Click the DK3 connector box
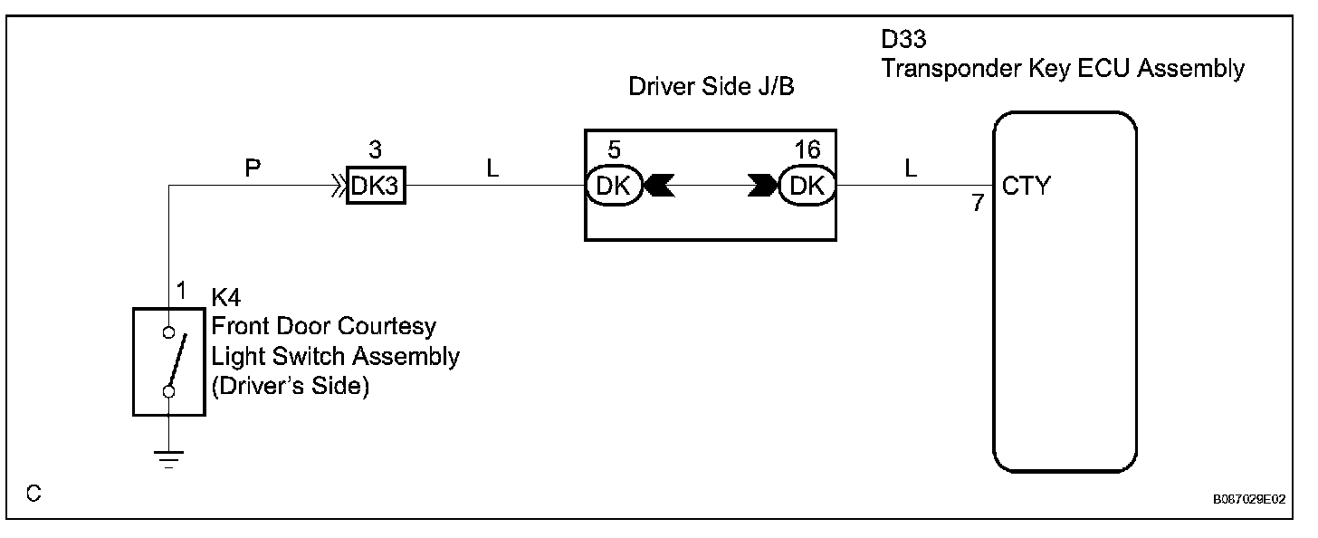pos(376,187)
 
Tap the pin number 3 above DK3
pos(376,150)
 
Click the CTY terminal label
pos(1027,187)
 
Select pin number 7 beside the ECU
pos(978,204)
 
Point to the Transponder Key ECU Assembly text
pos(1063,68)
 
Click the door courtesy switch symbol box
pos(168,360)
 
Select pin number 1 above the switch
pos(180,291)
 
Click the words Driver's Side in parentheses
pos(290,387)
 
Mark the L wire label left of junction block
pos(492,168)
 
